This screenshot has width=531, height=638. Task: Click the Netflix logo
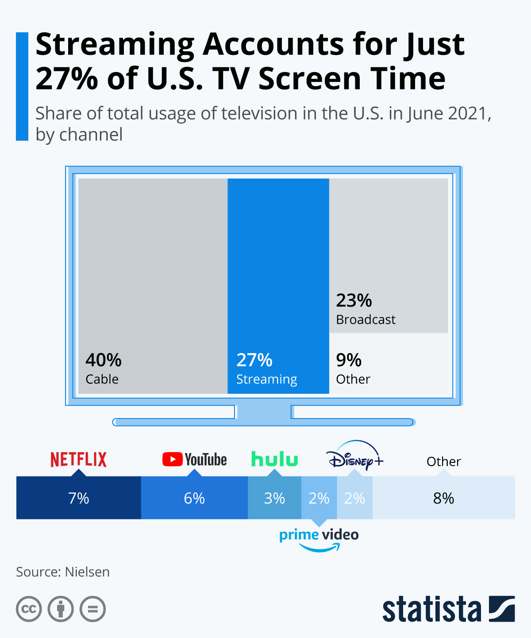[x=78, y=460]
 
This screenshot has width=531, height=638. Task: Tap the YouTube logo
[x=194, y=460]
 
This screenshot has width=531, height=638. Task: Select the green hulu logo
[x=274, y=459]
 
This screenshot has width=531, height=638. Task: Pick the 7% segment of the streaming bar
[x=78, y=498]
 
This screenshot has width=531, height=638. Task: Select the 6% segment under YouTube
[x=194, y=498]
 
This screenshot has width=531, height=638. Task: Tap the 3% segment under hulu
[x=274, y=498]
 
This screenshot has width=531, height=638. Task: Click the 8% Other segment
[x=443, y=498]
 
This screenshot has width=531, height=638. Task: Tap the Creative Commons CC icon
[x=29, y=609]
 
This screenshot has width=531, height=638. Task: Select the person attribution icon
[x=61, y=609]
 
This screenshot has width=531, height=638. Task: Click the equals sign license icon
[x=92, y=609]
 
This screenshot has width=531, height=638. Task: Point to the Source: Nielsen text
[x=63, y=572]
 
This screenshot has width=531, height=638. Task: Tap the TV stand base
[x=264, y=422]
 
